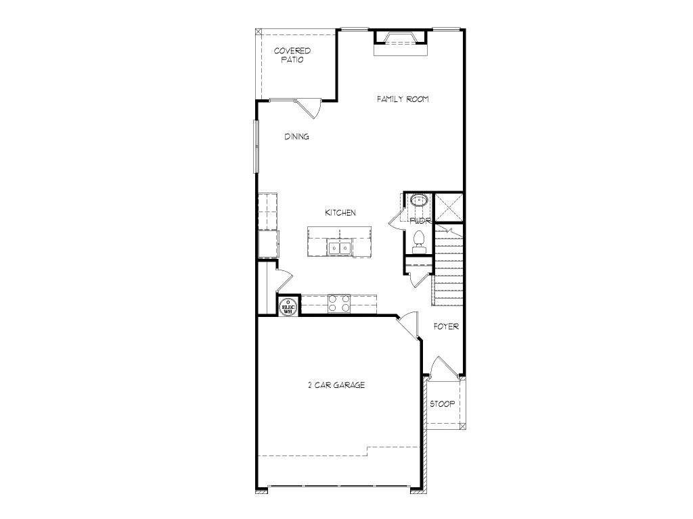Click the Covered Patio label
292,55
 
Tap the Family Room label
403,99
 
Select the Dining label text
296,137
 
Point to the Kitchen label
340,213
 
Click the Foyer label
446,327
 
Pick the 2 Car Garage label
336,385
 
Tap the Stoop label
443,404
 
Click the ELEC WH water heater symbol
288,307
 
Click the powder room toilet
418,241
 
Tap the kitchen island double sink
339,248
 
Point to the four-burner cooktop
338,303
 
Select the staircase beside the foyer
449,267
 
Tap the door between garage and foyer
407,325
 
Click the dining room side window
256,145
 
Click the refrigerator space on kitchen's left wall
268,243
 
